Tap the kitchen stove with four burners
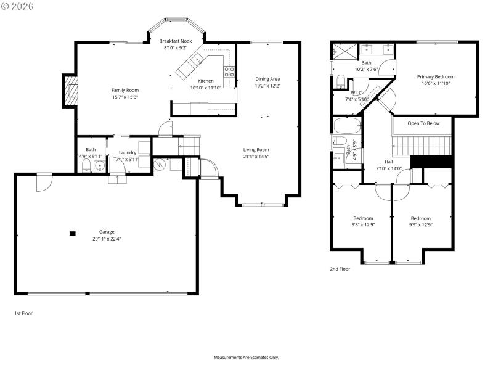(x=229, y=72)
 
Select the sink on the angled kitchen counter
(x=198, y=60)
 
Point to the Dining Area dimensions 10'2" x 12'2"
(x=267, y=86)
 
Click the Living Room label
(x=256, y=149)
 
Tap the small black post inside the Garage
(x=73, y=233)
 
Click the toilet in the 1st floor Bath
(x=86, y=167)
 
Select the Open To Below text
(x=424, y=123)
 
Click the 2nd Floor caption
(x=340, y=269)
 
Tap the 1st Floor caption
(x=23, y=313)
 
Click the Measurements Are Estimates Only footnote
(x=246, y=358)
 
